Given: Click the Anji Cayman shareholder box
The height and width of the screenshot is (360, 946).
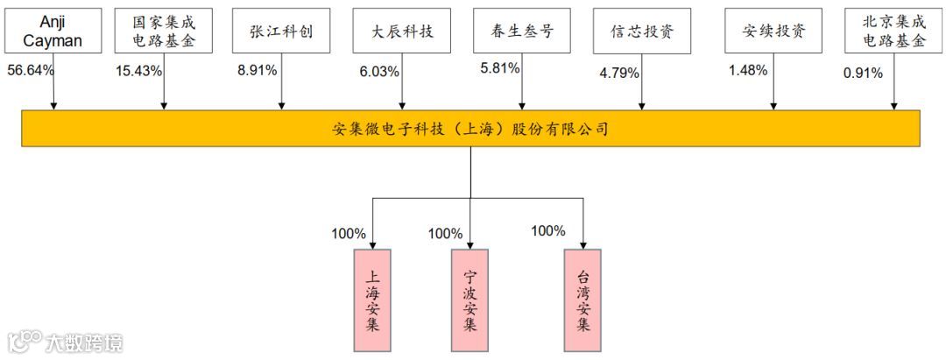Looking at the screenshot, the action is tap(53, 32).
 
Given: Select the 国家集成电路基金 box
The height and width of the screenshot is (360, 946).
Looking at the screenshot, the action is tap(165, 32).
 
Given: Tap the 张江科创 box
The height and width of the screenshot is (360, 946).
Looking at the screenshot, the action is tap(281, 32).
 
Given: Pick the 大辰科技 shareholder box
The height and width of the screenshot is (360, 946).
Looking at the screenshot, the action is tap(403, 32).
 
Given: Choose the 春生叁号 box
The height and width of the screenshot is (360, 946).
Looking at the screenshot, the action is tap(521, 32).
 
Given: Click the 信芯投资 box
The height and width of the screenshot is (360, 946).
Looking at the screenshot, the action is tap(643, 32).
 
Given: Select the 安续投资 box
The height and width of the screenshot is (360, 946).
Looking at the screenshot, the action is tap(773, 32).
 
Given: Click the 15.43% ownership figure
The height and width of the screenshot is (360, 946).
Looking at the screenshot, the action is tap(139, 71).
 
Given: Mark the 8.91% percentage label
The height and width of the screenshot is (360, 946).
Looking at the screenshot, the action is tap(257, 70).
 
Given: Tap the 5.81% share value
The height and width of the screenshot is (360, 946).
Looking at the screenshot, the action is tap(500, 67).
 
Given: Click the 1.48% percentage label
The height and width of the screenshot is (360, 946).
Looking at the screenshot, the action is tap(748, 69).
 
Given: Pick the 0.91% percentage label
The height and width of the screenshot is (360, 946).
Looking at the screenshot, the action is tap(863, 73).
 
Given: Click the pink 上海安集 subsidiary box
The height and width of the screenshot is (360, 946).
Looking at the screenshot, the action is tap(373, 300).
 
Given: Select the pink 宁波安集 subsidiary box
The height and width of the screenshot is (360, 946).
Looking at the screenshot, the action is tap(469, 300).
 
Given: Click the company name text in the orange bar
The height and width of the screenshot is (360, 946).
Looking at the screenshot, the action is tap(470, 129).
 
